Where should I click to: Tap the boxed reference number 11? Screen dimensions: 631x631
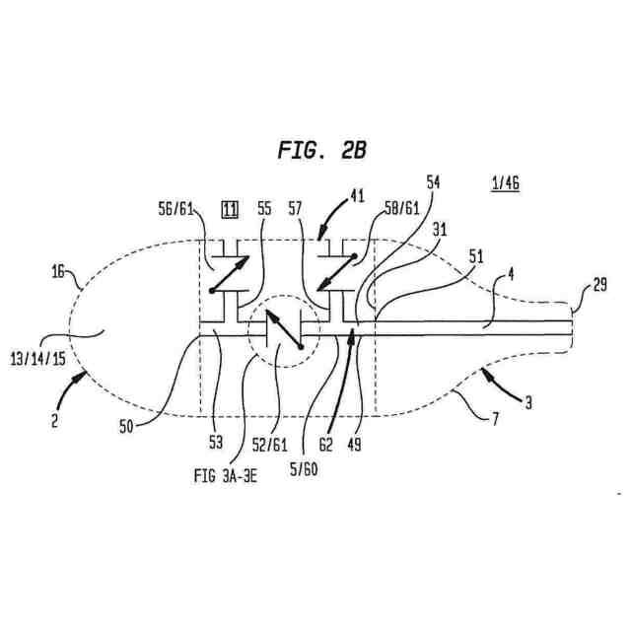coord(230,210)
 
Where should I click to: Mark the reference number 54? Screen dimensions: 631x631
coord(433,183)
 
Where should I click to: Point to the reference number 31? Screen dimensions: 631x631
coord(439,229)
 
